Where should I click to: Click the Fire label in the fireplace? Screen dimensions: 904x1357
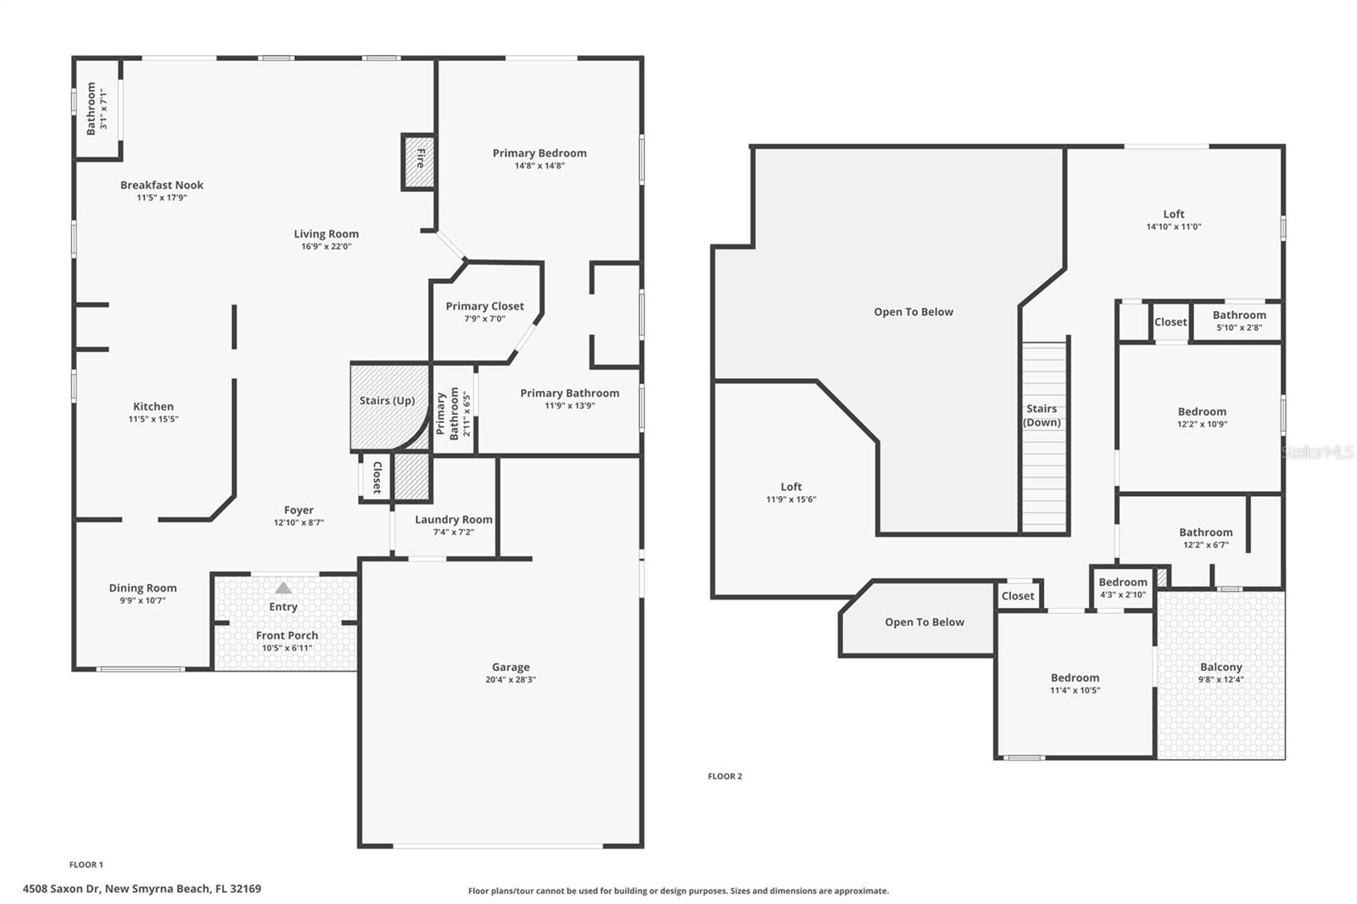click(x=419, y=158)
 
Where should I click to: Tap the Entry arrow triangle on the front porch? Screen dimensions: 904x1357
click(x=283, y=588)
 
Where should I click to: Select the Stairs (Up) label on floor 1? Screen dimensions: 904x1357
click(x=387, y=400)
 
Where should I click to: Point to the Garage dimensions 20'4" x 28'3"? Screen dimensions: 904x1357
click(x=511, y=679)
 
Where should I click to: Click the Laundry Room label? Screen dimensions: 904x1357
click(x=454, y=519)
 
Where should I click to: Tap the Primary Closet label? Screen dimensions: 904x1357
click(x=485, y=306)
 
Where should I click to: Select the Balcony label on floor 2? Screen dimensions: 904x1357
click(x=1220, y=667)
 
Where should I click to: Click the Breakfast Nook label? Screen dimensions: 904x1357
click(x=162, y=185)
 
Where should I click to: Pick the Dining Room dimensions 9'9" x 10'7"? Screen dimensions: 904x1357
click(x=142, y=600)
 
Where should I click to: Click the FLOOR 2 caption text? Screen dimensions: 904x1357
click(x=725, y=776)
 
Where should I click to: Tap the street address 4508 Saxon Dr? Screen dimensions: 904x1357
click(x=142, y=889)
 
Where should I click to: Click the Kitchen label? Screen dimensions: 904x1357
click(x=154, y=406)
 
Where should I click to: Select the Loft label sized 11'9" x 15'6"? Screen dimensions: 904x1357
click(x=790, y=487)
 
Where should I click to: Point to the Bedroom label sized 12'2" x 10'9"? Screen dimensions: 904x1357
click(x=1202, y=411)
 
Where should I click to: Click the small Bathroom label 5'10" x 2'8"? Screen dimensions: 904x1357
click(x=1239, y=315)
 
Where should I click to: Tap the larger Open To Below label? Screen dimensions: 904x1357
click(x=913, y=311)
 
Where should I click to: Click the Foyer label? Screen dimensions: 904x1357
click(x=299, y=510)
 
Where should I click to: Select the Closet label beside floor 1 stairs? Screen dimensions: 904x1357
click(x=377, y=477)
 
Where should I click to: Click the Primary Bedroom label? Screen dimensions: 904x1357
click(x=539, y=153)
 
